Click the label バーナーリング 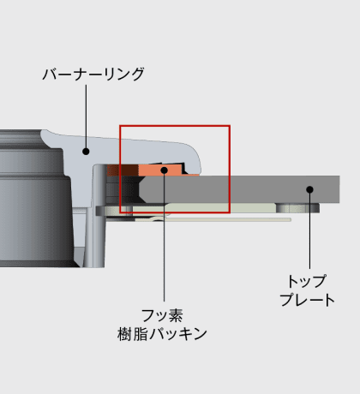coord(93,74)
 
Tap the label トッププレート coord(307,290)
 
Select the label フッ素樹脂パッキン coord(162,325)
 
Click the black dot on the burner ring coord(86,152)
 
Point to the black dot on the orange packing coord(164,170)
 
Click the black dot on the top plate coord(309,189)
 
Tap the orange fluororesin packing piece coord(160,170)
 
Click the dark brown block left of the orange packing coord(123,170)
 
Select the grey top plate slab coord(240,189)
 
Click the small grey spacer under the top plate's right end coord(297,208)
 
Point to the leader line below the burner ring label coord(86,116)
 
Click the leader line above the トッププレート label coord(309,230)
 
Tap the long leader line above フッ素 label coord(164,237)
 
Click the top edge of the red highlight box coord(175,126)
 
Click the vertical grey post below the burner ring coord(99,217)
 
